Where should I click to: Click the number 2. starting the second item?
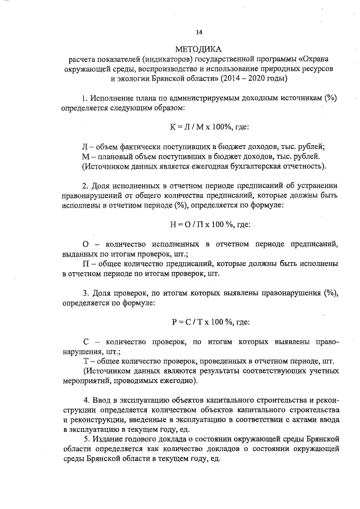coord(86,186)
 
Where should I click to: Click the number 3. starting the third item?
coord(86,293)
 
